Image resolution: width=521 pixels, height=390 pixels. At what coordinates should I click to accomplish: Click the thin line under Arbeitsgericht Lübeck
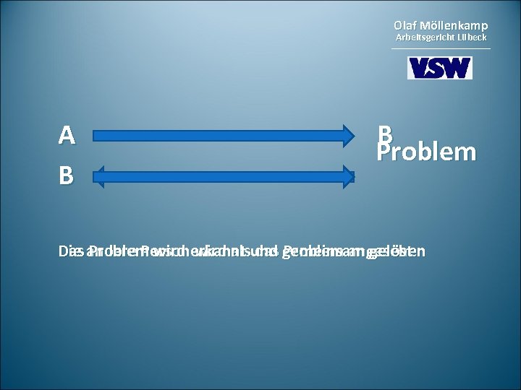pyautogui.click(x=440, y=48)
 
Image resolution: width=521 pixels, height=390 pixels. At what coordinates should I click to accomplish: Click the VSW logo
pyautogui.click(x=440, y=68)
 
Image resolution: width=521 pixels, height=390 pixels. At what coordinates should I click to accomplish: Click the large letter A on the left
pyautogui.click(x=67, y=135)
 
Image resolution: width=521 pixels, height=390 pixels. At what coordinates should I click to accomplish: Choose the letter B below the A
pyautogui.click(x=67, y=175)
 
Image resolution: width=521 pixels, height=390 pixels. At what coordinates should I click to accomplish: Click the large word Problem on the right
pyautogui.click(x=426, y=152)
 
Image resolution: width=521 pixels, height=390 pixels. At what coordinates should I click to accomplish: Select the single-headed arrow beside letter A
pyautogui.click(x=224, y=135)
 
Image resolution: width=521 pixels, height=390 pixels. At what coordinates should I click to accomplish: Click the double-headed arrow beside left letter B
pyautogui.click(x=224, y=175)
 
